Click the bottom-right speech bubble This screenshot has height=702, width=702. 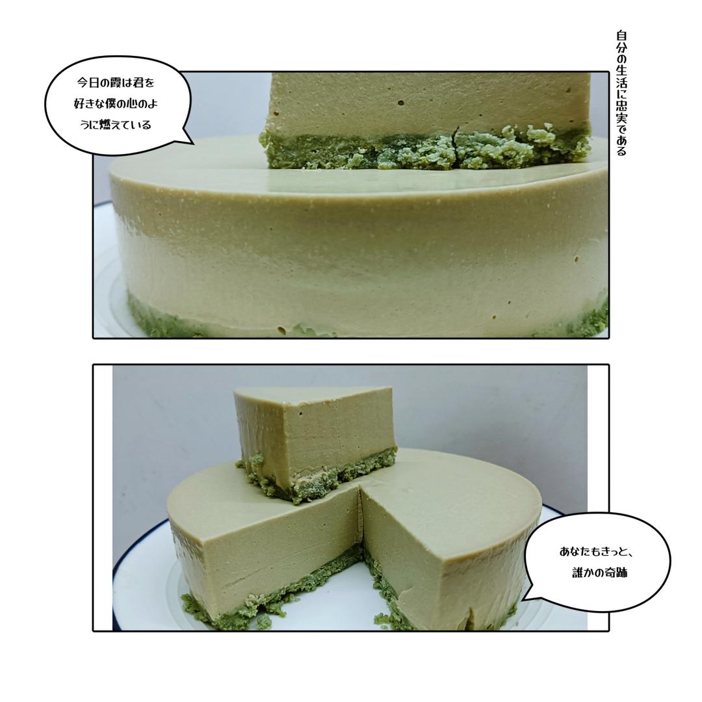tap(596, 562)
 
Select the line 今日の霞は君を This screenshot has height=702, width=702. tap(116, 83)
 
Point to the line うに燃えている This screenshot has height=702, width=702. tap(116, 124)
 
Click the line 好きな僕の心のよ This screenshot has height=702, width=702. tap(116, 104)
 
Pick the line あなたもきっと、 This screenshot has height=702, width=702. tap(596, 551)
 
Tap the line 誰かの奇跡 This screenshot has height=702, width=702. tap(599, 572)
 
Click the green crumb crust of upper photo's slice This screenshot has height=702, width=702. tap(425, 150)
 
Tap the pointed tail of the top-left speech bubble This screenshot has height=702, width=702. tap(192, 143)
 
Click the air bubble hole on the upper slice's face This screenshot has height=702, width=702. tap(400, 103)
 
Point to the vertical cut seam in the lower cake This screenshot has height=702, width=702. tap(360, 515)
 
